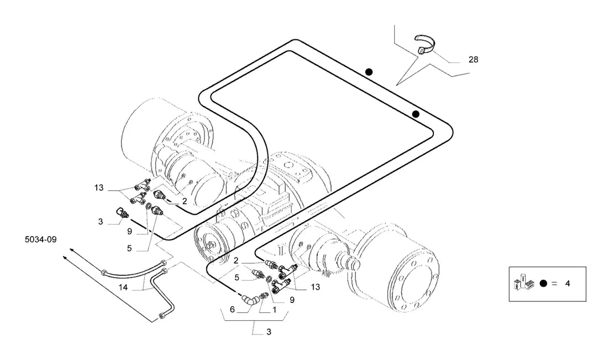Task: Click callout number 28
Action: [x=474, y=59]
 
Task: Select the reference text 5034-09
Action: [x=41, y=239]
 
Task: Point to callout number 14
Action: [x=123, y=288]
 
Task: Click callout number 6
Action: [x=232, y=309]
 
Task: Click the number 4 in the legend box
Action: [x=568, y=284]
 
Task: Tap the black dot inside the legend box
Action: [x=543, y=284]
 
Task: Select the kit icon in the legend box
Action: [x=524, y=281]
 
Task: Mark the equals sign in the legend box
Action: [x=554, y=284]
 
